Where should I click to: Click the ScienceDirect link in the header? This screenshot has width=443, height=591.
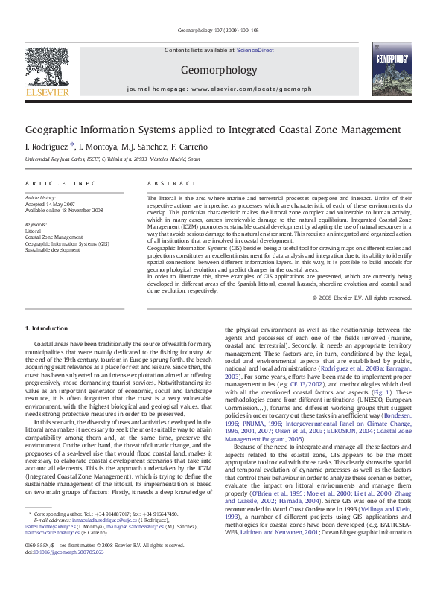point(255,51)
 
